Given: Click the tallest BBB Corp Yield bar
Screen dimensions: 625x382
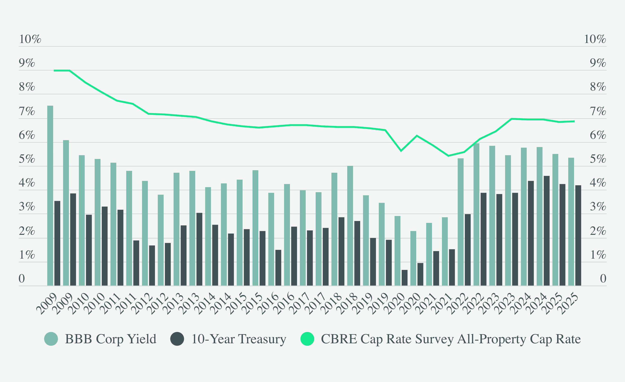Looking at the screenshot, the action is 50,195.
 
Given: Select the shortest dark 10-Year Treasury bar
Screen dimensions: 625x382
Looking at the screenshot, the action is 405,278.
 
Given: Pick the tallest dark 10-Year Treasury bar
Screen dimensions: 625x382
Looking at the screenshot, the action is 547,231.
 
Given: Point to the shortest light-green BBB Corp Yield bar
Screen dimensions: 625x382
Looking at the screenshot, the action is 413,258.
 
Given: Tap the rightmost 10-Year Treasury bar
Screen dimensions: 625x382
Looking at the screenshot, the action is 578,235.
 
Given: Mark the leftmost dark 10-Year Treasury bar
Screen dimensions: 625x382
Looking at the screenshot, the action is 57,243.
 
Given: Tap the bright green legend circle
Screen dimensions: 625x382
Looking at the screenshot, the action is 307,339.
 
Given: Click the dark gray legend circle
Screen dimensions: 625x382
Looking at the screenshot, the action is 177,339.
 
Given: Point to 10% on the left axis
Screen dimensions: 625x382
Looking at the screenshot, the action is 30,39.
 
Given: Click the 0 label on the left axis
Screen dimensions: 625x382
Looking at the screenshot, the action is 22,279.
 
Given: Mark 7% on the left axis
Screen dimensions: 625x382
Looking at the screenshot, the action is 27,111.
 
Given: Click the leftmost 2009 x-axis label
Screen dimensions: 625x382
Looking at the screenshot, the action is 47,304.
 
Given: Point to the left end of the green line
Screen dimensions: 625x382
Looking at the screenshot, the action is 54,70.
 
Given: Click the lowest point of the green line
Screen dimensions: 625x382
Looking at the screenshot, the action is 449,156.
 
